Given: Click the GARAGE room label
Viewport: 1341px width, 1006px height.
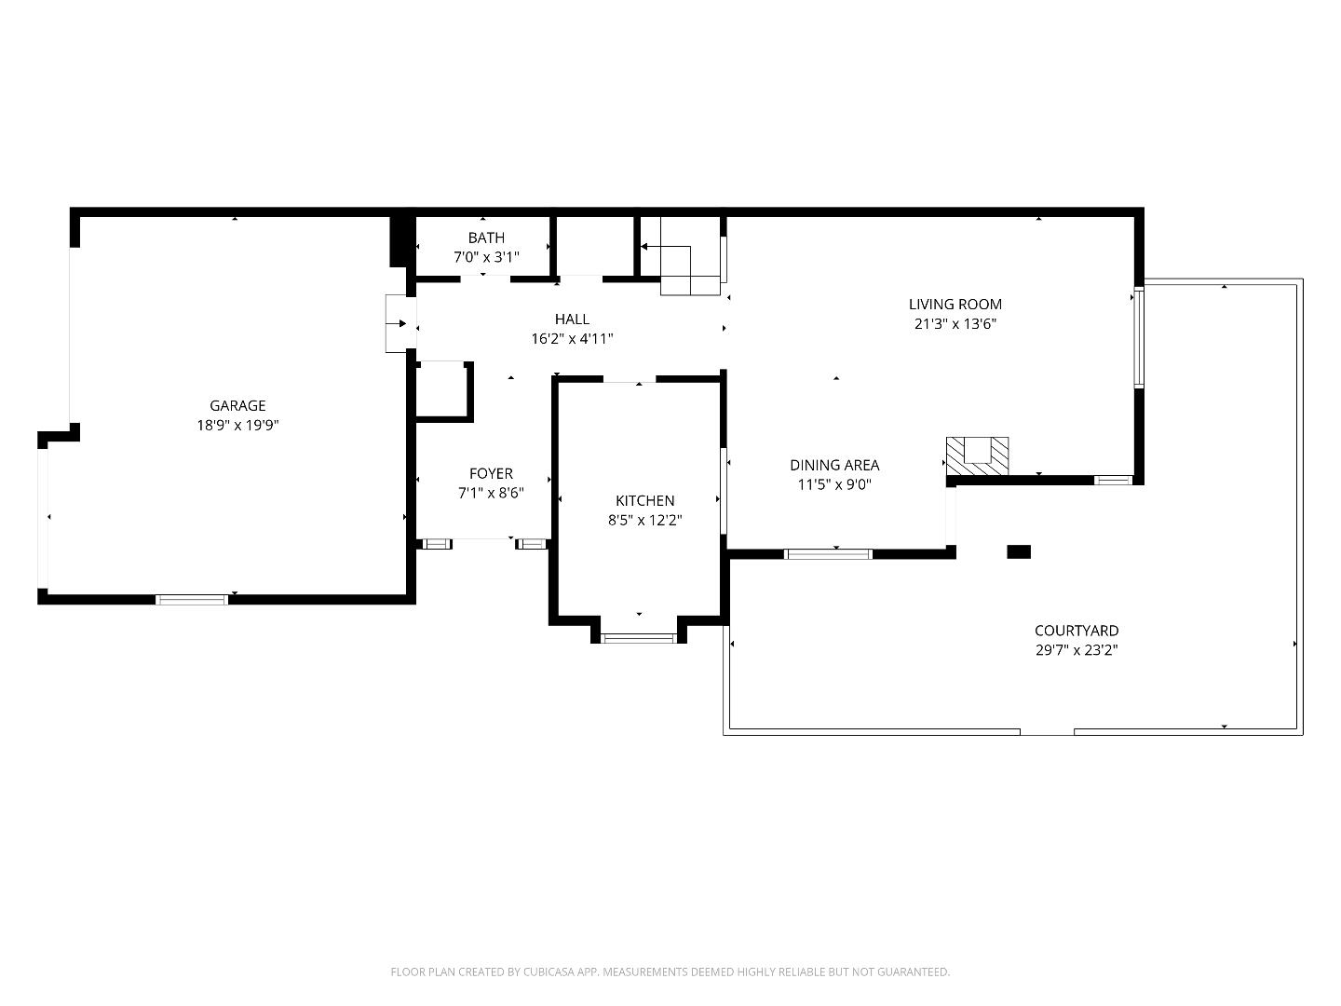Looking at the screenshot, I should pos(237,405).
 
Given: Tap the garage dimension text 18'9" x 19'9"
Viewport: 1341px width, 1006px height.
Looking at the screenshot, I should pos(237,426).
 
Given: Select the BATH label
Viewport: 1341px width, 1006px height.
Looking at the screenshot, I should pos(486,238).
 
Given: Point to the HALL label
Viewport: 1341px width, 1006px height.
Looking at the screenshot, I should pos(572,319).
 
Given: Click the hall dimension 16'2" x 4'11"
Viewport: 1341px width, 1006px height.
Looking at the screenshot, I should pos(572,339).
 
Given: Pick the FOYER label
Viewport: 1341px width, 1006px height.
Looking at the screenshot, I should pos(491,473).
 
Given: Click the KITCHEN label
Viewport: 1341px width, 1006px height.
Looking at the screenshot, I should pos(644,500).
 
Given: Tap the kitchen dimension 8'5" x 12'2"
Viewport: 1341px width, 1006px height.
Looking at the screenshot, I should pos(644,521).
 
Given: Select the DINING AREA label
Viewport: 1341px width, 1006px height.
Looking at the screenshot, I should pos(834,465).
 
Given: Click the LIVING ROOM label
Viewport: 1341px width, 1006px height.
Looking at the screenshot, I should pos(955,304).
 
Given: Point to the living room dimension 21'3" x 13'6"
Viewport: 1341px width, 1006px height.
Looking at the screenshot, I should pos(955,324).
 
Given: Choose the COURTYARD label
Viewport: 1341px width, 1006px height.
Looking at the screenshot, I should pos(1077,631).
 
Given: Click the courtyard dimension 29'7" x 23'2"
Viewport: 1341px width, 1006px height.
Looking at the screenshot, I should pos(1077,651).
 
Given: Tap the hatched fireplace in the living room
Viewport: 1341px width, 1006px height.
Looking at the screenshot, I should pos(978,456).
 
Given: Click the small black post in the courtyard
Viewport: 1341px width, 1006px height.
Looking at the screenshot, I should pos(1019,551).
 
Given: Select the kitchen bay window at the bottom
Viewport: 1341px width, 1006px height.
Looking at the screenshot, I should pos(639,638).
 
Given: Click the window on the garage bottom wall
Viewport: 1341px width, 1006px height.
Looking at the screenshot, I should pos(191,599).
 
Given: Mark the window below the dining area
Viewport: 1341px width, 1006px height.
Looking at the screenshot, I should pos(828,554).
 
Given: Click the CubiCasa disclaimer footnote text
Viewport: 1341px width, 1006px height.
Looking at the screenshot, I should pos(670,972).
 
